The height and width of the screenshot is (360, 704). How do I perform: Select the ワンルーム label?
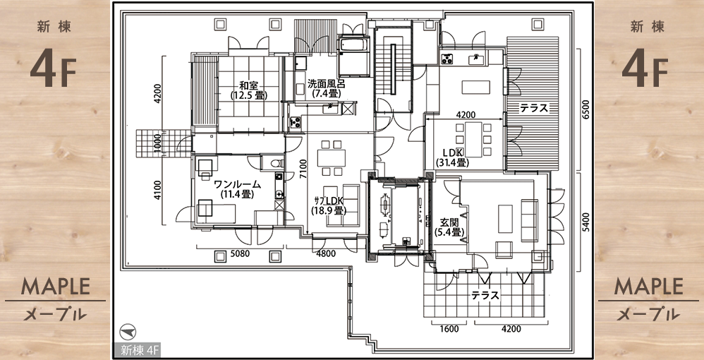click(238, 184)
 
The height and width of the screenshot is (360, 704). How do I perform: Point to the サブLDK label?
click(329, 200)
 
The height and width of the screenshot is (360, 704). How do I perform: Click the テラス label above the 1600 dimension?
click(485, 295)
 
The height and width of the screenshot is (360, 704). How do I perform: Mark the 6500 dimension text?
click(584, 109)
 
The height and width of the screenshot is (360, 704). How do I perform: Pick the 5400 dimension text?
click(584, 222)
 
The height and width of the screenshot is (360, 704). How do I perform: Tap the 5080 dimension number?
click(240, 254)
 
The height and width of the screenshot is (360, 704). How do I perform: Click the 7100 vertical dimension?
click(303, 169)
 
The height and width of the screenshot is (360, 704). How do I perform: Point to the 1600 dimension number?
click(449, 328)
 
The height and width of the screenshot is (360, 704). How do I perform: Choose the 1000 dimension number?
click(157, 144)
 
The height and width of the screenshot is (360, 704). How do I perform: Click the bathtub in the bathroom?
click(353, 45)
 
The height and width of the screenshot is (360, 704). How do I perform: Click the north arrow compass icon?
click(128, 332)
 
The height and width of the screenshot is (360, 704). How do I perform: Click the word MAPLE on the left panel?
click(56, 287)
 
